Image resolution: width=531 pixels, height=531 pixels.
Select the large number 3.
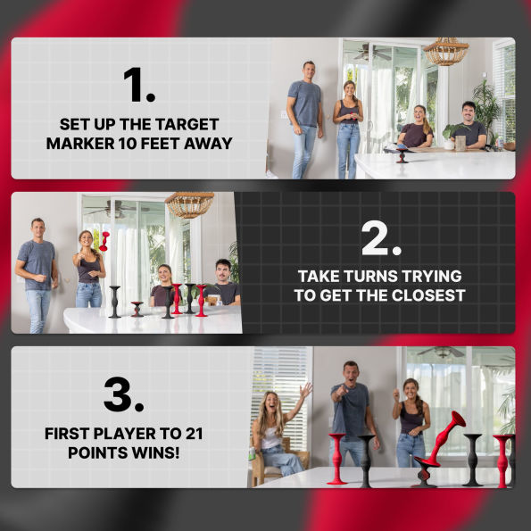click(124, 394)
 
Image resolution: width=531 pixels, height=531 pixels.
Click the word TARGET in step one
click(183, 124)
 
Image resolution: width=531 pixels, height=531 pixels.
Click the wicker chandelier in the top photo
click(445, 52)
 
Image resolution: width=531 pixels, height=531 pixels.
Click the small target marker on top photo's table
click(402, 155)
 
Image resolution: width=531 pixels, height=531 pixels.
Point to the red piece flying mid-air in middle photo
click(104, 239)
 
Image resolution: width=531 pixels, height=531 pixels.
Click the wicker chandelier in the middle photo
click(189, 205)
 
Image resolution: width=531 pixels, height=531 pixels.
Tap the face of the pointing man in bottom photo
click(350, 372)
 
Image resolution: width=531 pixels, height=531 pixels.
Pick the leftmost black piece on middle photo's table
click(114, 302)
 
